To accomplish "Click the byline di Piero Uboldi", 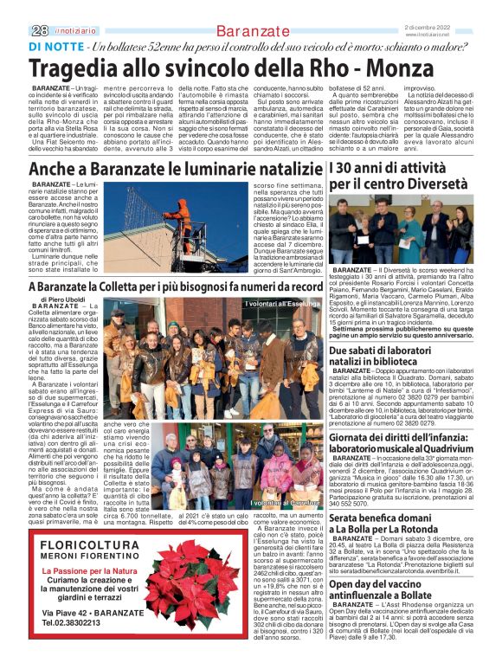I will tap(62, 299).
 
